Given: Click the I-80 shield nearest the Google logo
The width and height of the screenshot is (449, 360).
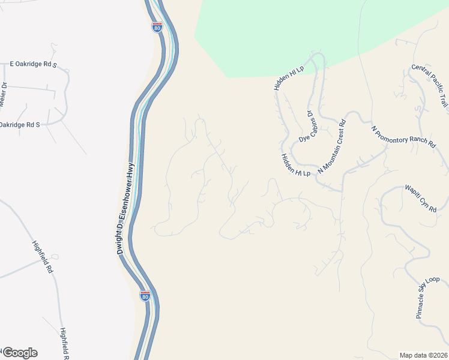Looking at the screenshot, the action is click(145, 296).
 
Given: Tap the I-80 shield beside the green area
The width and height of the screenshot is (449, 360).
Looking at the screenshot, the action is click(156, 27).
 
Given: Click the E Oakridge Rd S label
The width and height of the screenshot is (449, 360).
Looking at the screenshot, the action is click(33, 63).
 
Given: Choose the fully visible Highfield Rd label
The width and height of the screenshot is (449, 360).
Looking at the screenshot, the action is click(42, 256).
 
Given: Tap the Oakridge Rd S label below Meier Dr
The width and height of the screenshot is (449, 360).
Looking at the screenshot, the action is click(19, 125).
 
